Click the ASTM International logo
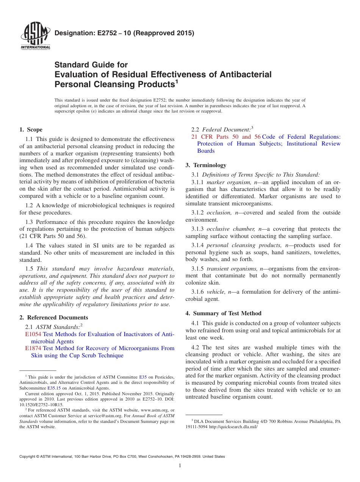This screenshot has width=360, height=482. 35,36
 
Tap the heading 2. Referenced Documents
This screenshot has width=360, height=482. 53,318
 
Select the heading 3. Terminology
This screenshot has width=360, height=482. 206,165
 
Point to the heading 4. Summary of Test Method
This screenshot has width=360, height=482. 224,313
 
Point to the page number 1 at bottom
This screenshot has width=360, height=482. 180,466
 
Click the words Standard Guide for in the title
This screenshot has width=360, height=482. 91,65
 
